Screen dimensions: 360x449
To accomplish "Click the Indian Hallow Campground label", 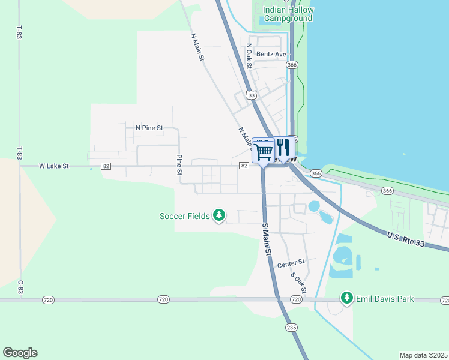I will [288, 14].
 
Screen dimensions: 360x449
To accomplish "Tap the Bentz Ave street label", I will [271, 54].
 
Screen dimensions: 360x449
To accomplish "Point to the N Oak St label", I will [248, 55].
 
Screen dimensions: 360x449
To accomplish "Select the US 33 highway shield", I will [252, 95].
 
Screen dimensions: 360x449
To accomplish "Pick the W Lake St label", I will [54, 166].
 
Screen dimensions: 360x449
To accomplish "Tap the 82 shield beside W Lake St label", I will [106, 166].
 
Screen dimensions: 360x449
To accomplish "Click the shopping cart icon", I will [264, 150].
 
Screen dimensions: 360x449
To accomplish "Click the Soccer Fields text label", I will [185, 216].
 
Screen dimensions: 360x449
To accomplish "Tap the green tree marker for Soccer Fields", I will [220, 215].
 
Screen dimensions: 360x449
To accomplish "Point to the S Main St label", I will [267, 238].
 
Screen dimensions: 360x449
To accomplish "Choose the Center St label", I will [291, 263].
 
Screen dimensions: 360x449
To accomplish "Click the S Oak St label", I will [298, 283].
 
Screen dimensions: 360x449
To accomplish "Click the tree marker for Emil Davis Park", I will [346, 298].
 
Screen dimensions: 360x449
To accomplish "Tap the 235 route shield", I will [291, 327].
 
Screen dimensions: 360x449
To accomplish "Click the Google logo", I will [20, 353].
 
